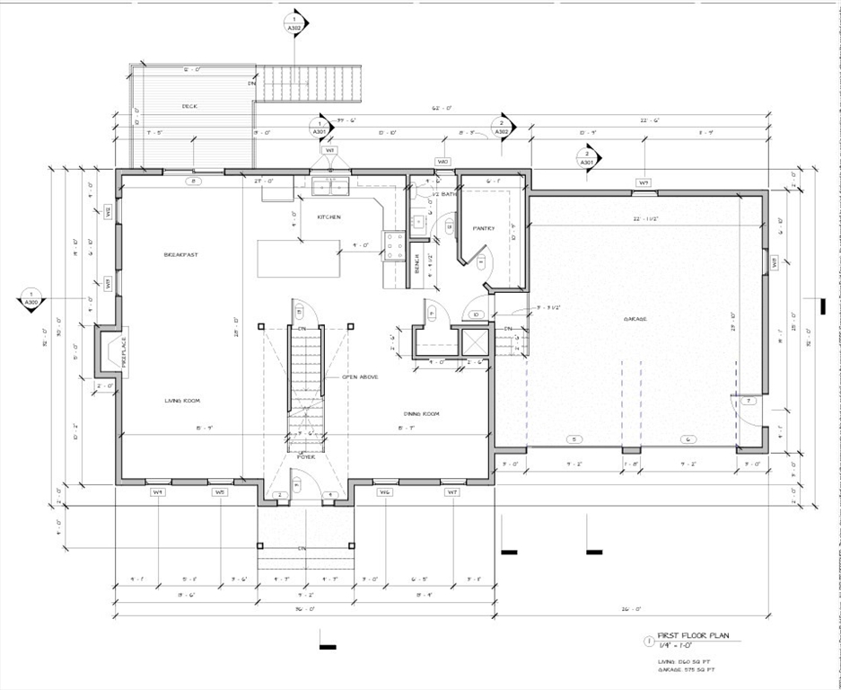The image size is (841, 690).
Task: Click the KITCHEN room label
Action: (x=329, y=217)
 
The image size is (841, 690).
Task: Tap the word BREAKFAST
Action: (x=180, y=255)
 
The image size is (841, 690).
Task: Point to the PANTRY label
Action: (x=484, y=228)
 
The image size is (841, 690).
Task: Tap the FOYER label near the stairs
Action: (x=306, y=456)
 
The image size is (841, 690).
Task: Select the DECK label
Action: (x=189, y=106)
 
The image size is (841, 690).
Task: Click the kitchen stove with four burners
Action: (x=393, y=244)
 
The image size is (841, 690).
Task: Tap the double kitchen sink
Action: (x=331, y=186)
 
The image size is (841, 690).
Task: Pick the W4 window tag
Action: (x=157, y=492)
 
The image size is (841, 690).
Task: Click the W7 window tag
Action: (x=452, y=492)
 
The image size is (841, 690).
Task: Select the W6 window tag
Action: (x=384, y=492)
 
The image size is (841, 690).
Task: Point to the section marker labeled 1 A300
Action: (x=31, y=299)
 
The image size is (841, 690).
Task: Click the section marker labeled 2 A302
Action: (x=503, y=128)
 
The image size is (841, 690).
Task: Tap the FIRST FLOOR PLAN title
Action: (x=693, y=635)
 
